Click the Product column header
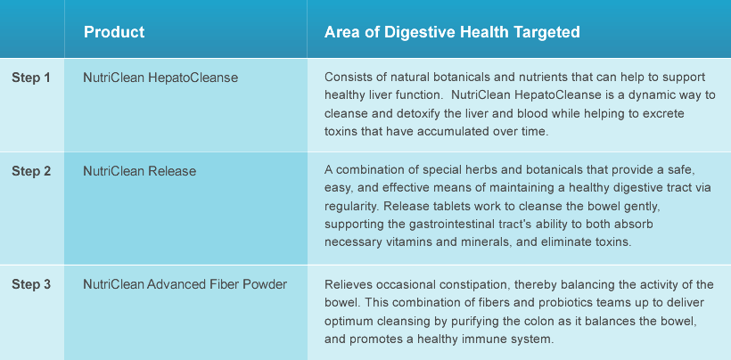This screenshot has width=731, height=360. [114, 32]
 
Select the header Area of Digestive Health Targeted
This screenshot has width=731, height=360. [452, 32]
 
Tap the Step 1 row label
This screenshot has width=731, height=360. [31, 78]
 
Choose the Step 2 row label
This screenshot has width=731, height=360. [31, 171]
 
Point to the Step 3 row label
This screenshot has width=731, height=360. [31, 284]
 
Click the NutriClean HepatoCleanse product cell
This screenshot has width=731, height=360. [160, 78]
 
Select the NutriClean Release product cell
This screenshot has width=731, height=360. [139, 171]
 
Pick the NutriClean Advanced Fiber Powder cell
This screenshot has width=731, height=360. [185, 284]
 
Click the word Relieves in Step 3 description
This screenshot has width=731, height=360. [344, 284]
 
